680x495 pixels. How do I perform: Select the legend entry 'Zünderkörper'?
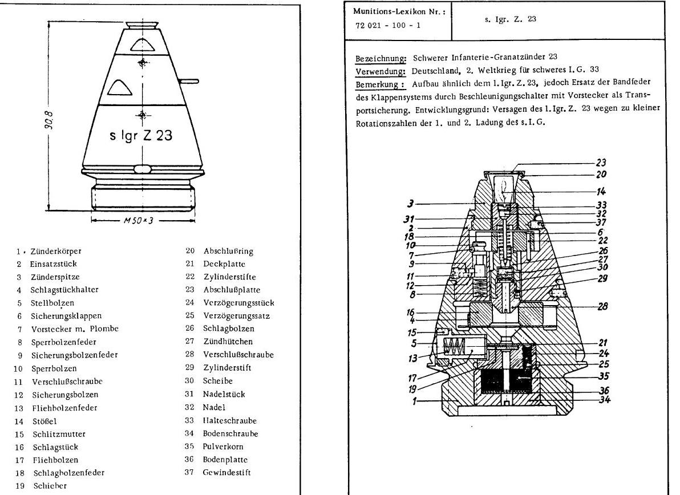coord(55,251)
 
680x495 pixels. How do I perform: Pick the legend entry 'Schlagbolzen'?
coord(228,328)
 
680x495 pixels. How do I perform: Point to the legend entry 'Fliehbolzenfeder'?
coord(64,408)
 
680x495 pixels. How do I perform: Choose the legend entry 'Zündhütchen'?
coord(228,341)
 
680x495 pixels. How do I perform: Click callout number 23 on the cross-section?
coord(600,162)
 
